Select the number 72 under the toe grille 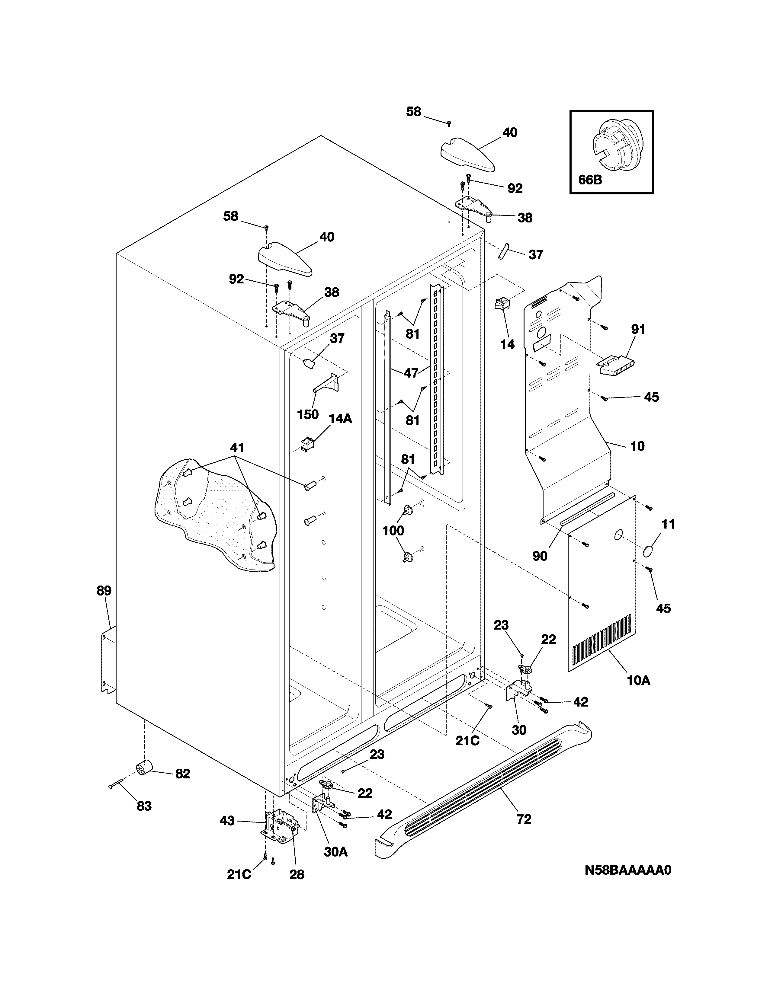tap(524, 819)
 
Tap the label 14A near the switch tap(340, 419)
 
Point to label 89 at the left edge tap(104, 591)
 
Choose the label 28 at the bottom tap(297, 875)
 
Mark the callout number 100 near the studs tap(393, 530)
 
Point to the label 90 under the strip tap(540, 556)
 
